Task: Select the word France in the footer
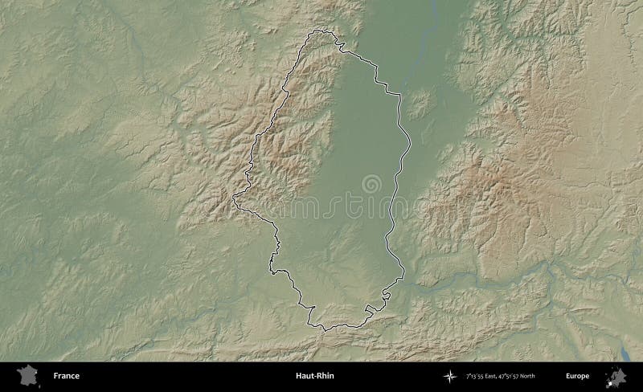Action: point(66,376)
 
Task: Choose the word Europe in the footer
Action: point(577,376)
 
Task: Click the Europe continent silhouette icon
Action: point(616,375)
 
